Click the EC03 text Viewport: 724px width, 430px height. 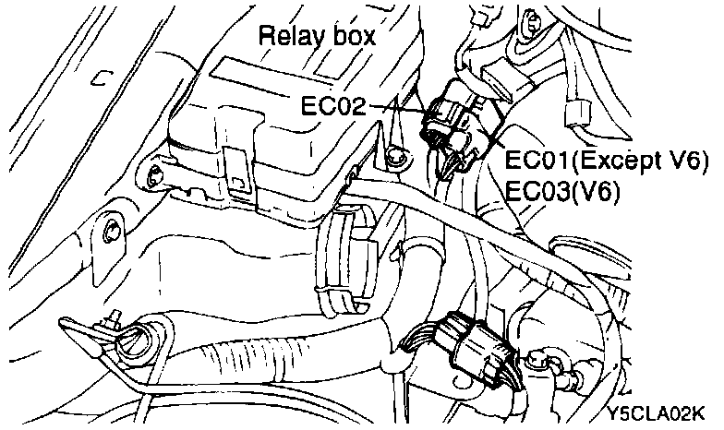click(x=537, y=191)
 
